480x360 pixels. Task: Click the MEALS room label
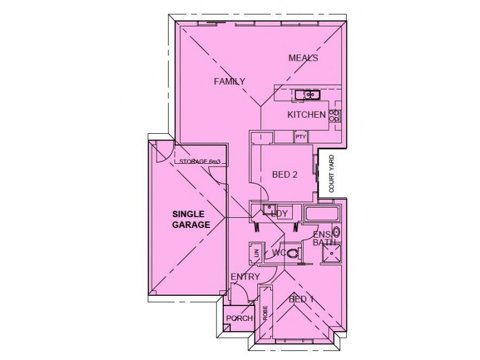coord(303,58)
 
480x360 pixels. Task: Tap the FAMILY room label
coord(230,82)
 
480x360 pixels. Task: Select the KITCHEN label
coord(307,115)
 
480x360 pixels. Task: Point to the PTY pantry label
coord(301,137)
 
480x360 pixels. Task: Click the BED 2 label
coord(286,175)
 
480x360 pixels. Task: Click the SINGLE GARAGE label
coord(191,220)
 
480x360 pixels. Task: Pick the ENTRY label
coord(245,277)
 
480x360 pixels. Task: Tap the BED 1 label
coord(301,299)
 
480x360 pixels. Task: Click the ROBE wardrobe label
coord(264,314)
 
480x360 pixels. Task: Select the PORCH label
coord(239,318)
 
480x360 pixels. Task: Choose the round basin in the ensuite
coord(337,232)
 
